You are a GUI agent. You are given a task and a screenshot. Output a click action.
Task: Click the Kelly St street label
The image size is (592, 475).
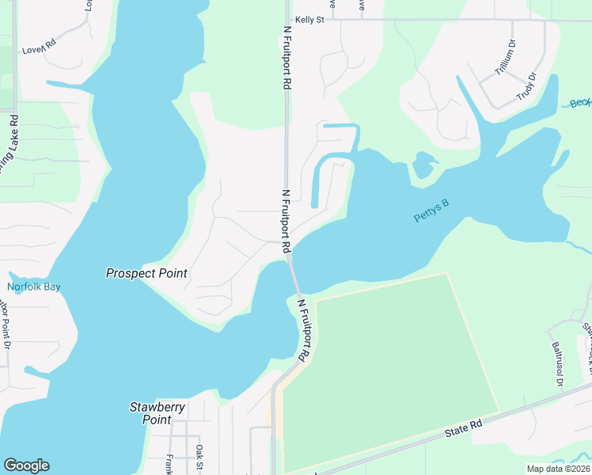(309, 19)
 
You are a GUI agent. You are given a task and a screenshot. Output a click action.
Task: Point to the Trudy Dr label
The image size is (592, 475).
(526, 85)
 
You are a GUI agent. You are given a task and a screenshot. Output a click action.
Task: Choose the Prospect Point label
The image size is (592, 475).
(147, 273)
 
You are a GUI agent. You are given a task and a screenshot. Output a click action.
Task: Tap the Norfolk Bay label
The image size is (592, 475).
(34, 287)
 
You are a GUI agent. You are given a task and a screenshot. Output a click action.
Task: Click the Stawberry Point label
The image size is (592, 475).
(157, 413)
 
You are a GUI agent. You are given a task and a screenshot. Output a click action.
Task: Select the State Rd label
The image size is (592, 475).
(464, 426)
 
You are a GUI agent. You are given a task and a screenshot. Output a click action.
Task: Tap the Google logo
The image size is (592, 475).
(26, 465)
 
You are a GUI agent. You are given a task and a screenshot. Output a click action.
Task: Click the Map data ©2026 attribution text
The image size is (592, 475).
(558, 469)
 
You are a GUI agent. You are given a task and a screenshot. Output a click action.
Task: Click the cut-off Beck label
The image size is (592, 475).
(580, 104)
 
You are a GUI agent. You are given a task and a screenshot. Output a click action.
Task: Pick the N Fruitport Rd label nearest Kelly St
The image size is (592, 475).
(287, 57)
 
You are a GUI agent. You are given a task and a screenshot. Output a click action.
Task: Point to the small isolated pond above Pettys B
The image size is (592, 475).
(424, 165)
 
